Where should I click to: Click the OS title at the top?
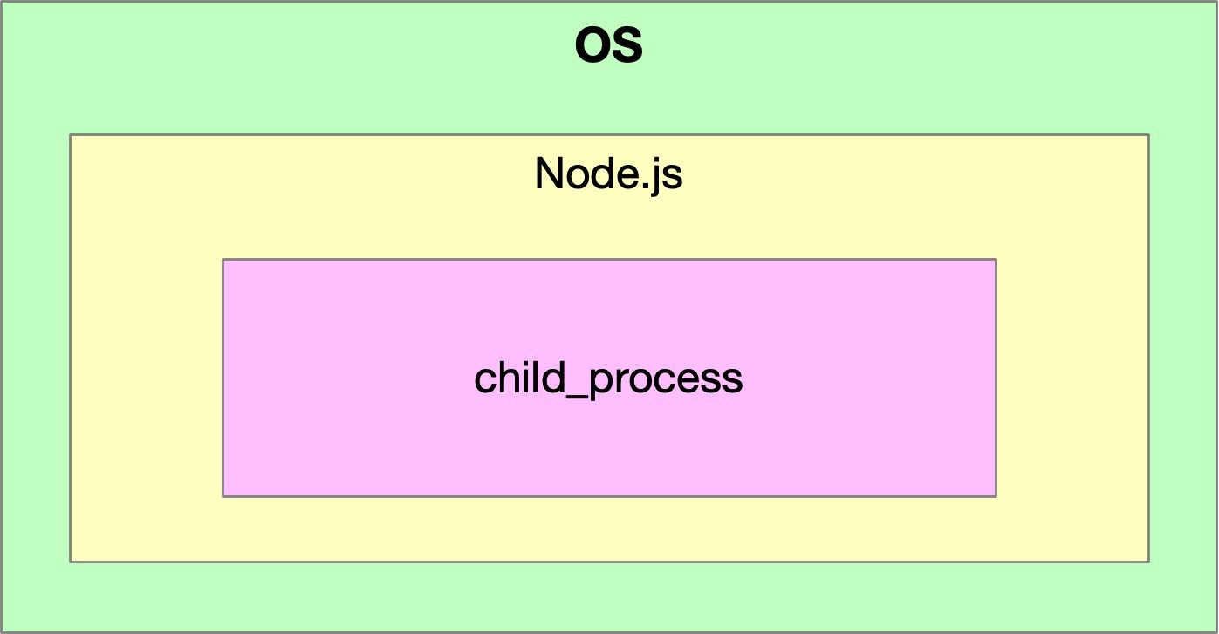[x=609, y=47]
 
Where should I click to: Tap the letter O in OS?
[x=593, y=47]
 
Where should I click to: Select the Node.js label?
[x=608, y=174]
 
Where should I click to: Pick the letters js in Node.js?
[x=667, y=177]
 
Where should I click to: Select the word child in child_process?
[x=518, y=378]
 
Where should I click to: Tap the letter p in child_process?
[x=600, y=383]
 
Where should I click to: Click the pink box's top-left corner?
[x=223, y=260]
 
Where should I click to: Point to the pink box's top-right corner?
[x=996, y=260]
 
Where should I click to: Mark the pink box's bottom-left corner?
[x=223, y=496]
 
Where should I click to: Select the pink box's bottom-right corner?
[x=996, y=496]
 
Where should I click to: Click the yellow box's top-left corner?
[x=71, y=135]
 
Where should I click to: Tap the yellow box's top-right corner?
[x=1148, y=135]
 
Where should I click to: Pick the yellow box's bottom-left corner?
[x=71, y=562]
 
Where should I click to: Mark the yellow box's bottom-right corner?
[x=1148, y=562]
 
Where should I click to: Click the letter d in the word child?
[x=553, y=378]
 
